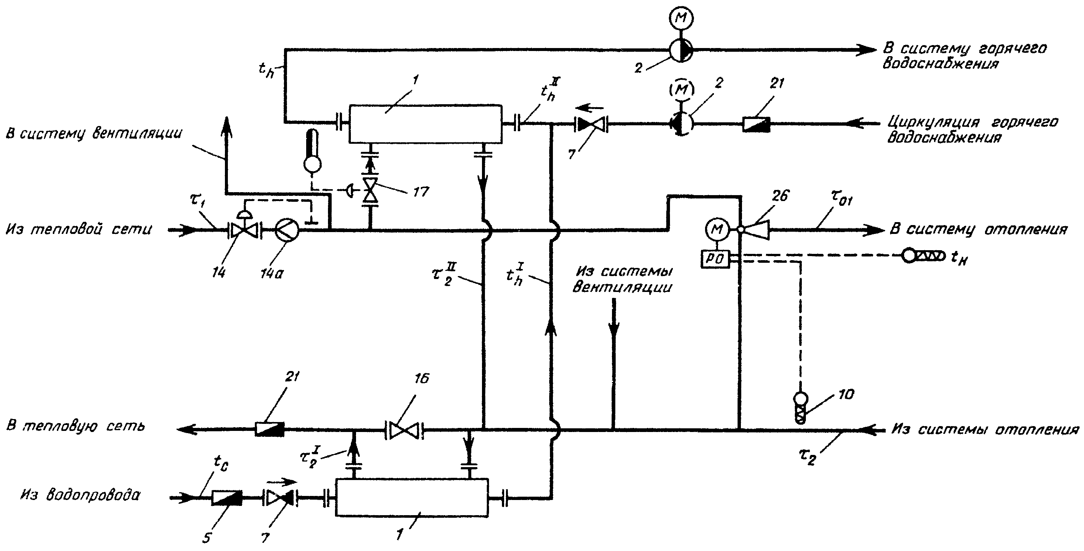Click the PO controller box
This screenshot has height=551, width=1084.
(715, 258)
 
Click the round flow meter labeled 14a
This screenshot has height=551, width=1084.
(287, 230)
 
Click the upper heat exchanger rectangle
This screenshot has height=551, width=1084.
(425, 124)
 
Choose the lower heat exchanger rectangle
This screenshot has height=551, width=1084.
(412, 497)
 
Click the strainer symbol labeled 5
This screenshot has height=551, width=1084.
(227, 498)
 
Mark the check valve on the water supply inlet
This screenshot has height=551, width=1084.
(280, 498)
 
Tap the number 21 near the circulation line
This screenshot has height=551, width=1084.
(777, 84)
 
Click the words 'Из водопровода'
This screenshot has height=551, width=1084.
(80, 495)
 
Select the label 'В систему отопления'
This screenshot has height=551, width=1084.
(979, 230)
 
